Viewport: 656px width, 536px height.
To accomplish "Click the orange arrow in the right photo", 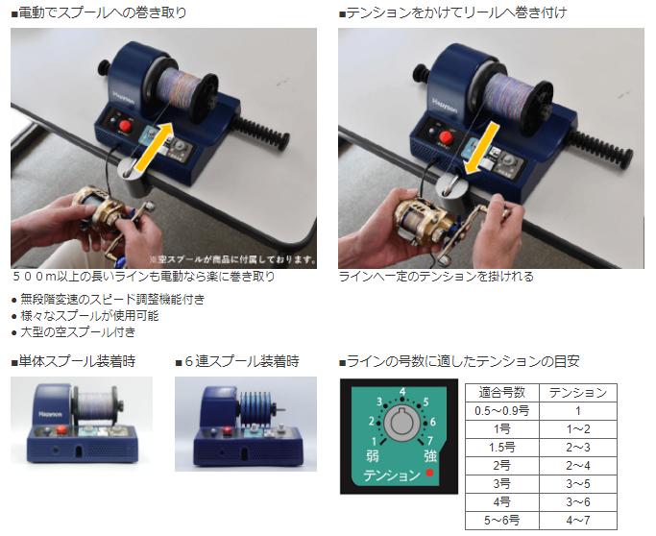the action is click(x=481, y=149).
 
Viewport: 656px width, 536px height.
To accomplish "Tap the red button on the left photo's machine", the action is click(x=125, y=126).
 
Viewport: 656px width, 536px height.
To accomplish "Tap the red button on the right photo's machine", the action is click(x=447, y=136).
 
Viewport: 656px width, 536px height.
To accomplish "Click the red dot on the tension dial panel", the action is click(x=429, y=473).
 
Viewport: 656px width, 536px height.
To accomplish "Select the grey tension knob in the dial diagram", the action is click(x=401, y=423).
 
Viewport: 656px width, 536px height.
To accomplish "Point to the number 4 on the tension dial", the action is click(x=402, y=392).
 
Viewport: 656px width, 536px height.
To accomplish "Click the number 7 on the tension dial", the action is click(x=429, y=441).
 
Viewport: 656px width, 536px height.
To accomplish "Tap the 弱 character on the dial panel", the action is click(x=372, y=456).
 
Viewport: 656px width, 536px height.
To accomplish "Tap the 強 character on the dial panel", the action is click(x=431, y=456).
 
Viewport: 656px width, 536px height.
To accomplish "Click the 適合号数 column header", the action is click(x=502, y=393).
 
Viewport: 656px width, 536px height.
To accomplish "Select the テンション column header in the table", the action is click(x=578, y=393).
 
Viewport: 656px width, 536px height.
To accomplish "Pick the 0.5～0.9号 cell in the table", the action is click(x=502, y=411).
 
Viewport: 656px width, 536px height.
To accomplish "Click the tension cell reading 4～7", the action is click(x=578, y=520).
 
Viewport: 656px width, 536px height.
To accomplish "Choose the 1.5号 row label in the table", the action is click(x=502, y=448).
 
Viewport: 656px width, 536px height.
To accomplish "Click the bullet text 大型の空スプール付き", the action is click(x=78, y=332).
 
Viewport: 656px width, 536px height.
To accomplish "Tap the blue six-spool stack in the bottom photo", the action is click(x=255, y=408).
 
